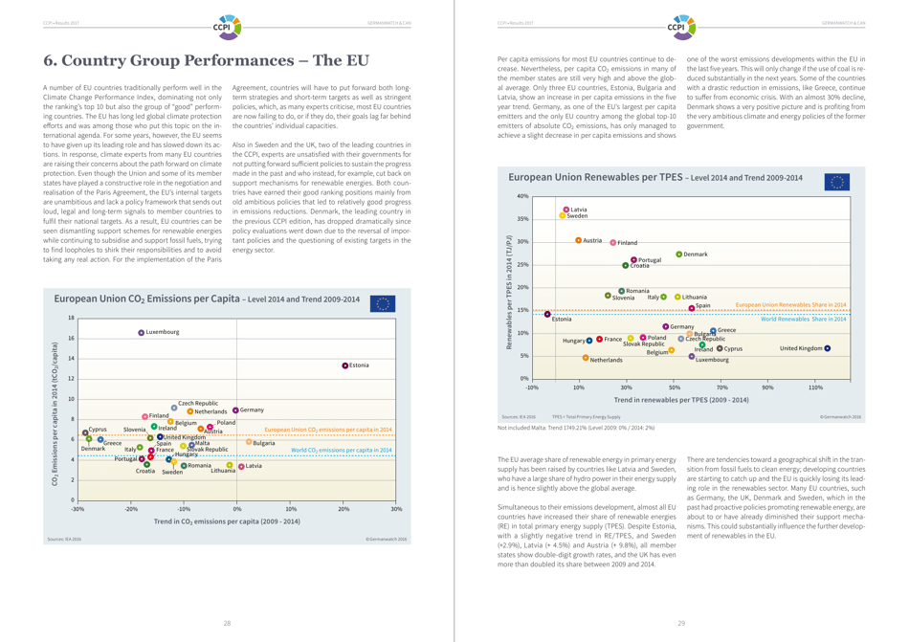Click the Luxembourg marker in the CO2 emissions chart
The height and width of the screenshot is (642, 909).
[x=141, y=333]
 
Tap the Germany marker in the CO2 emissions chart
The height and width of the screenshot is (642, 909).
[x=235, y=410]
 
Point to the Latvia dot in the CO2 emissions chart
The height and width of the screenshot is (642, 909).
[x=241, y=466]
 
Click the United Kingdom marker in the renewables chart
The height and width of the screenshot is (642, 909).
[x=827, y=348]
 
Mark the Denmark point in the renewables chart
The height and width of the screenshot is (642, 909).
[x=678, y=254]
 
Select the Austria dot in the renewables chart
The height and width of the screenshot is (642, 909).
[x=578, y=240]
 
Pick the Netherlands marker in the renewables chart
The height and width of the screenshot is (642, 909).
[x=586, y=358]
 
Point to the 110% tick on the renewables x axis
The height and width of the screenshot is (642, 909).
[x=815, y=387]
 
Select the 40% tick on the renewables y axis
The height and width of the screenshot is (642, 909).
[x=522, y=196]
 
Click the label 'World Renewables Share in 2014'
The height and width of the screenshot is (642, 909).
[x=803, y=319]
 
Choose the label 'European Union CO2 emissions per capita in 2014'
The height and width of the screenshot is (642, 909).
[x=328, y=431]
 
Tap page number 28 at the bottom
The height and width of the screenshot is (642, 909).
[x=227, y=623]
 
